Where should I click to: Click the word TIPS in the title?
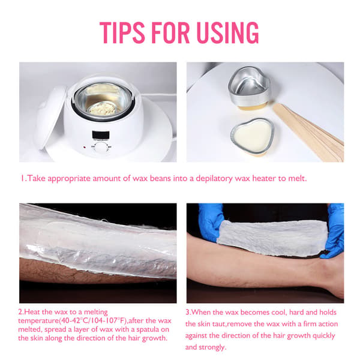(x=122, y=32)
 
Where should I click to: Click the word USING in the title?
(x=228, y=32)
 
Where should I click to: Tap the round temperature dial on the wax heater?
(x=101, y=148)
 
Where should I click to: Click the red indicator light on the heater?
(x=85, y=147)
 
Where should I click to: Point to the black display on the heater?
(x=101, y=135)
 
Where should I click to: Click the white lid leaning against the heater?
(x=49, y=118)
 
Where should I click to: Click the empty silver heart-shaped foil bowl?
(x=250, y=86)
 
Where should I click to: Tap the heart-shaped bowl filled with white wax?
(x=253, y=136)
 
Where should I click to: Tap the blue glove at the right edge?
(x=334, y=231)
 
